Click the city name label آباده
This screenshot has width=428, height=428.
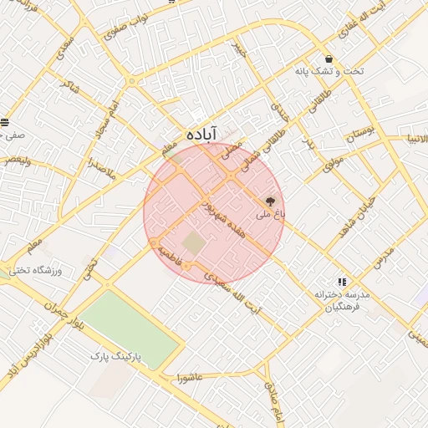point(201,134)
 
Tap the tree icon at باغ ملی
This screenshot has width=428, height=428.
point(270,201)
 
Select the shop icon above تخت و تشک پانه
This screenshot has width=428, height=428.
point(329,59)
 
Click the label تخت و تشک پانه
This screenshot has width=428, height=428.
point(329,72)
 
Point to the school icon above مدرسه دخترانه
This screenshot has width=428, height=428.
point(341,283)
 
